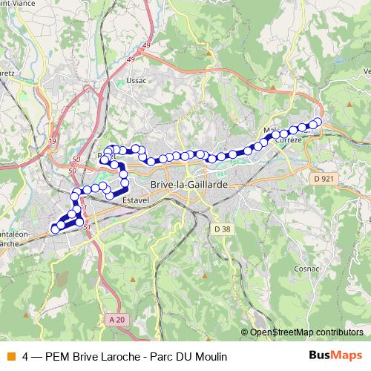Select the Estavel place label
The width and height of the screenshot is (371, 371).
(135, 200)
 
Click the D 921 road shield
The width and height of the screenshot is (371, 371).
(323, 179)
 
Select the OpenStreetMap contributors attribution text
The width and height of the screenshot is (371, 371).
(306, 332)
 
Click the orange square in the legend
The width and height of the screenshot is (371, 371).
(10, 355)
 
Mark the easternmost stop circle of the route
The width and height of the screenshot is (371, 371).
(318, 122)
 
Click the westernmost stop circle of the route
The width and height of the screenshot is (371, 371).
(54, 228)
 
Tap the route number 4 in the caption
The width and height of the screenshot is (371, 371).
(26, 355)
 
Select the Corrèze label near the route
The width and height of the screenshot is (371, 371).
(288, 139)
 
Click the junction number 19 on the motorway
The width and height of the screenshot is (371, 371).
(52, 140)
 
